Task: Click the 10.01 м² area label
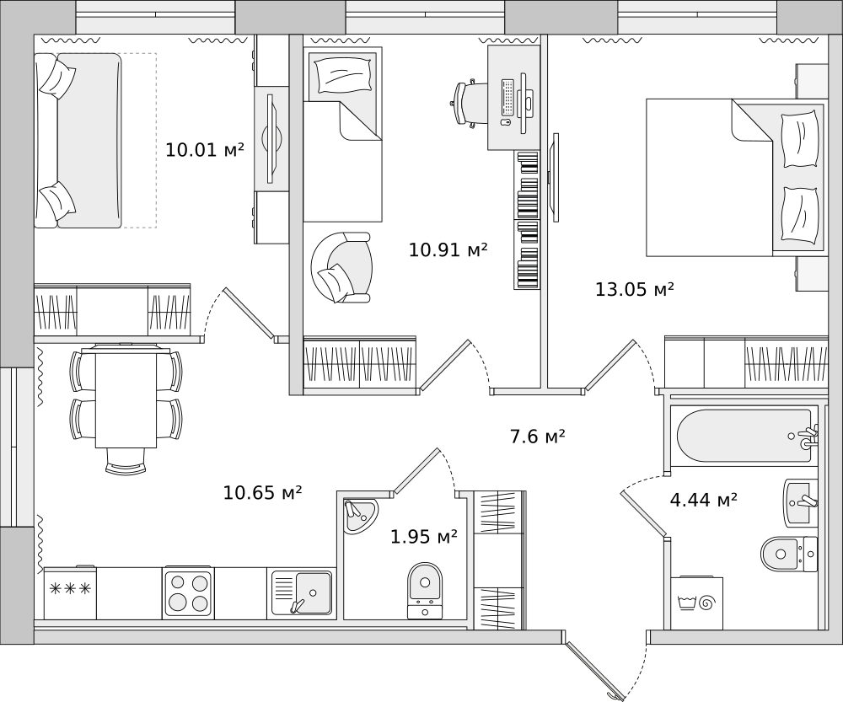pyautogui.click(x=204, y=151)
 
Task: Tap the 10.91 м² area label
pyautogui.click(x=448, y=250)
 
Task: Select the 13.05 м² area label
pyautogui.click(x=634, y=290)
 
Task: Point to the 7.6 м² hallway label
pyautogui.click(x=537, y=437)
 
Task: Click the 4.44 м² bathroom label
pyautogui.click(x=703, y=501)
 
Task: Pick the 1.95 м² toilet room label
pyautogui.click(x=423, y=536)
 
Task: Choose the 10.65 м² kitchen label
pyautogui.click(x=262, y=493)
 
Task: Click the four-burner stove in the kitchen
pyautogui.click(x=188, y=592)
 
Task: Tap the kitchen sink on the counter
pyautogui.click(x=302, y=592)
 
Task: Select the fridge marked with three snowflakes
pyautogui.click(x=71, y=592)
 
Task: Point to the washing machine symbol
pyautogui.click(x=698, y=603)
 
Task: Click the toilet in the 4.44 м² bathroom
pyautogui.click(x=787, y=553)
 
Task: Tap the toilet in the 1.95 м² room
pyautogui.click(x=425, y=586)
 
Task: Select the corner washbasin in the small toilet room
pyautogui.click(x=360, y=514)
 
